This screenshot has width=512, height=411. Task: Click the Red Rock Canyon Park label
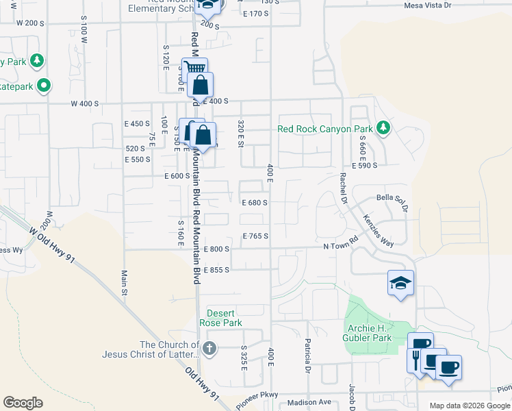click(x=324, y=129)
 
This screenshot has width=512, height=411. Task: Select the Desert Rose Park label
click(x=220, y=318)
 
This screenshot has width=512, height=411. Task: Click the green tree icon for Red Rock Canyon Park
click(x=385, y=128)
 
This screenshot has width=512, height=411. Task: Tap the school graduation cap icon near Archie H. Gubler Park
click(x=400, y=282)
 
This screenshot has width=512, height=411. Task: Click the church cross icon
click(x=209, y=349)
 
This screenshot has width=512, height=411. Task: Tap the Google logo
click(x=23, y=403)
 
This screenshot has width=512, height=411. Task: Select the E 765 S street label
click(x=255, y=236)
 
